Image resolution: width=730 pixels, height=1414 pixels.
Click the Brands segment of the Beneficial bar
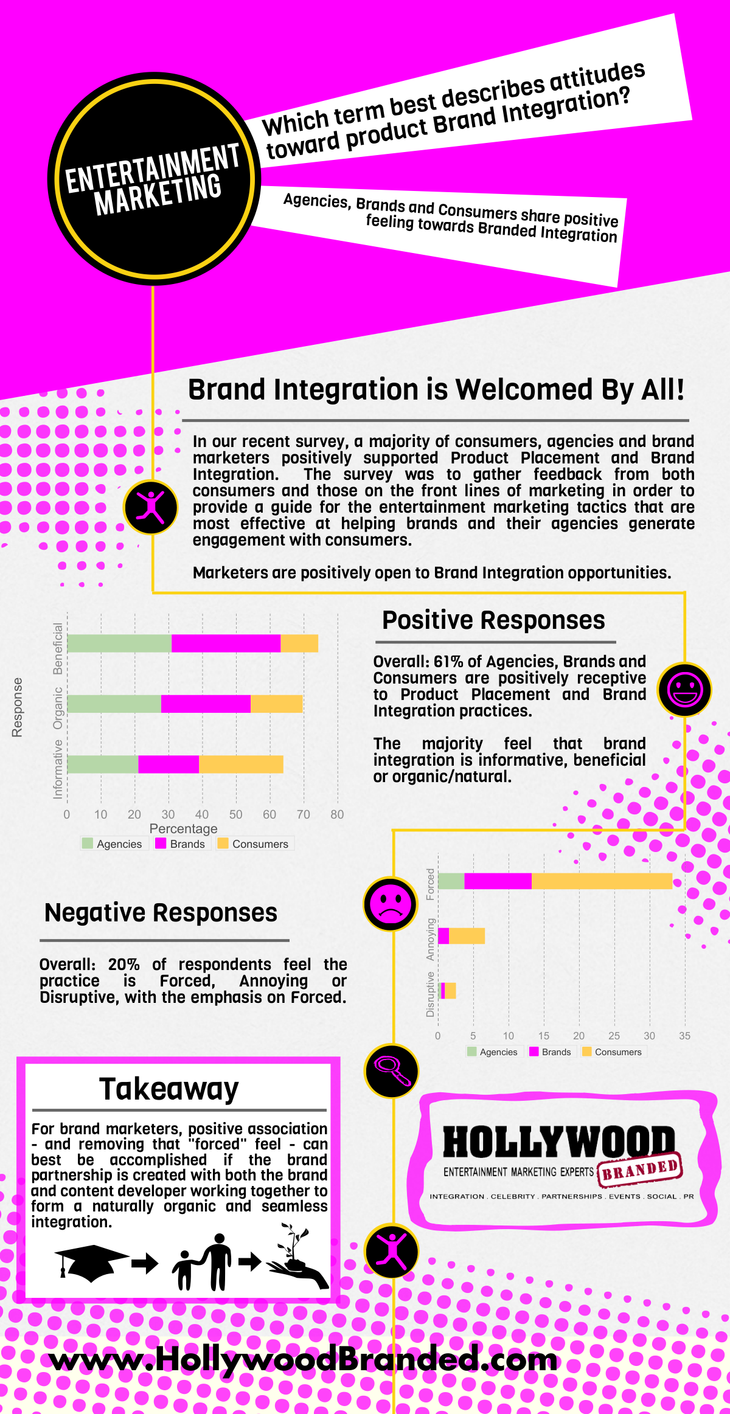[x=226, y=643]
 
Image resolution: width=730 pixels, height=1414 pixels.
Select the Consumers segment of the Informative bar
[x=241, y=764]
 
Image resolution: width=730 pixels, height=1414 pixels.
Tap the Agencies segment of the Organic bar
[x=114, y=704]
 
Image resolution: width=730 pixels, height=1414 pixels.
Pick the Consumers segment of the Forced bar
[x=602, y=881]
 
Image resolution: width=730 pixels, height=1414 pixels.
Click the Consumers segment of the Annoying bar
[x=467, y=936]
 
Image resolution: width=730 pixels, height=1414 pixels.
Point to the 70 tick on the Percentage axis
[x=303, y=814]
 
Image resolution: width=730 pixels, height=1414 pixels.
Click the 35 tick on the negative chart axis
[x=684, y=1036]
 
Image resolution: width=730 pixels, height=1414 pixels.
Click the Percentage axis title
[x=183, y=828]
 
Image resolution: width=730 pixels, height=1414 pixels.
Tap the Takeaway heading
[x=169, y=1089]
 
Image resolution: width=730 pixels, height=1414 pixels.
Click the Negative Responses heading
[x=161, y=913]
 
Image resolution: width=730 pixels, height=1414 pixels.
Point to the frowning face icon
[x=391, y=904]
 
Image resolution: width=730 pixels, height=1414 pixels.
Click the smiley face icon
[x=685, y=690]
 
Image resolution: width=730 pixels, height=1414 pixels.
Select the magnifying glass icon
[x=392, y=1071]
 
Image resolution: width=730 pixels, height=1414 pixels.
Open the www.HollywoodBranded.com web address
[x=303, y=1360]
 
